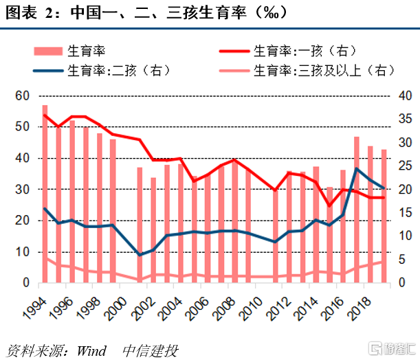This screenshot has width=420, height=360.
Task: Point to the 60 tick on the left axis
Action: tap(23, 95)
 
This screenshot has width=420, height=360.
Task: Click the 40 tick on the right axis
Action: tap(406, 95)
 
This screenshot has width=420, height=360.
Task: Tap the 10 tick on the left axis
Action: tap(23, 252)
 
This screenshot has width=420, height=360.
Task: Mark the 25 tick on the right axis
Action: tap(406, 166)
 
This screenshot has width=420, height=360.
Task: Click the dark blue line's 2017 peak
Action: tap(357, 168)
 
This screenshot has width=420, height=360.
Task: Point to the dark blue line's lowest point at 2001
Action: tap(140, 255)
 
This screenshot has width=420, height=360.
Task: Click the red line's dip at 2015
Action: tap(329, 205)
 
